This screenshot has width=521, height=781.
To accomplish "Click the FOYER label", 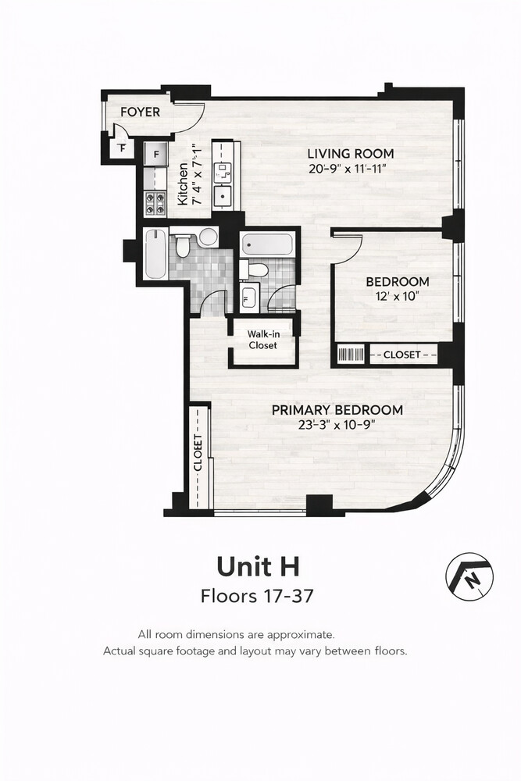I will (x=140, y=112).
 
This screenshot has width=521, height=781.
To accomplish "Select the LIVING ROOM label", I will (x=350, y=154).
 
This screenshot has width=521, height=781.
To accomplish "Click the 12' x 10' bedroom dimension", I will (x=398, y=296).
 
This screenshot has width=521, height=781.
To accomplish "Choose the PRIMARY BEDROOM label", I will (x=337, y=410).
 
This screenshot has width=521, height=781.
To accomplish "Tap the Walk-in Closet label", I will (x=263, y=340).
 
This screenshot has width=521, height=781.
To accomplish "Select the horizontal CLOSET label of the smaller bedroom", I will (x=401, y=355).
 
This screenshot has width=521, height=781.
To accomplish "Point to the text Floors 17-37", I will (x=258, y=596).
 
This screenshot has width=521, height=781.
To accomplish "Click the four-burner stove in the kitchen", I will (x=155, y=204).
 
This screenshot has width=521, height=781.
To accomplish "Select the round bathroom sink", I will (x=207, y=237).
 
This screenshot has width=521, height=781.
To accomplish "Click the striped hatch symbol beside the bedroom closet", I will (x=351, y=355).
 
